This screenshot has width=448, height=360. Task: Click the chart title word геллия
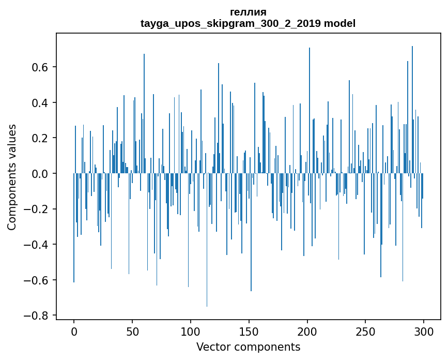[x=248, y=12]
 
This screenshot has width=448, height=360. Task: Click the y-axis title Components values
[x=12, y=177]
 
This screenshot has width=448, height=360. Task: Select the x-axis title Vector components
[x=248, y=347]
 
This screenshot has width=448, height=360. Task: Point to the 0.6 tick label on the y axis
[x=41, y=67]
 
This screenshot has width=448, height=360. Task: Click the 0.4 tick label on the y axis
[x=41, y=103]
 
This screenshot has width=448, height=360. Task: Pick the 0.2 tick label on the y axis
[x=41, y=138]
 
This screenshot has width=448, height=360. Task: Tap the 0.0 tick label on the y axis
[x=41, y=174]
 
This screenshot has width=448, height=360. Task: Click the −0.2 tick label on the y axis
[x=38, y=209]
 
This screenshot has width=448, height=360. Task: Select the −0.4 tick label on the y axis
[x=38, y=245]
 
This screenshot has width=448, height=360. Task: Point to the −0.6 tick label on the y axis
[x=38, y=280]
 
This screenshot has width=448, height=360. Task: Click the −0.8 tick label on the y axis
[x=38, y=316]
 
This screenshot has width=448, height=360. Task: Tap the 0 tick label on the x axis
[x=74, y=331]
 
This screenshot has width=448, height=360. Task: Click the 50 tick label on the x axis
[x=132, y=331]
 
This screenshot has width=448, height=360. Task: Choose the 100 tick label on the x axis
[x=191, y=331]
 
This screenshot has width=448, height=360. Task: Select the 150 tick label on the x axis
[x=249, y=331]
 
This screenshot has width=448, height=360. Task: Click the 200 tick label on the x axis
[x=307, y=331]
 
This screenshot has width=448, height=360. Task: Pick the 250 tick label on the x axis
[x=365, y=331]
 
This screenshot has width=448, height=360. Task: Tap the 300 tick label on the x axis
[x=424, y=331]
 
